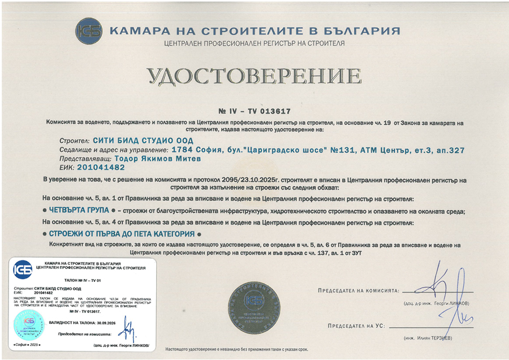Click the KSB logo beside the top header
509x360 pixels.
click(89, 31)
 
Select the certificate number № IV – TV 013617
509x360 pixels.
click(254, 111)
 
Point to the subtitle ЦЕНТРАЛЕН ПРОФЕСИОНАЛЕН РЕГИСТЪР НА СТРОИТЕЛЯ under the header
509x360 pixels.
click(254, 44)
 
